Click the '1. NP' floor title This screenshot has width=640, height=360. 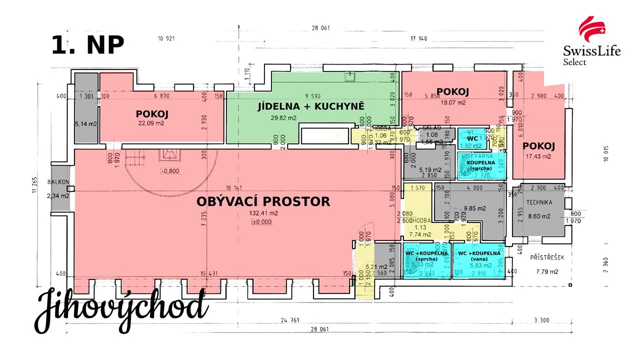[88, 45]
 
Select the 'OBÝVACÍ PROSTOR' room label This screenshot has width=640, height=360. [263, 201]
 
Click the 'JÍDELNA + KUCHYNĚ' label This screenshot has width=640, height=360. [310, 106]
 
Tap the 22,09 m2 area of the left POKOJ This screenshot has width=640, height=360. [151, 123]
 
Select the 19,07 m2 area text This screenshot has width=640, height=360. [452, 102]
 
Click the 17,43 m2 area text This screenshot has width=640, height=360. [538, 156]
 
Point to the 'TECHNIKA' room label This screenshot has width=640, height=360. [538, 202]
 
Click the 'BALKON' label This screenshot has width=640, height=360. [59, 182]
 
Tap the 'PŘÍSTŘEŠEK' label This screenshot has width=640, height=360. [547, 257]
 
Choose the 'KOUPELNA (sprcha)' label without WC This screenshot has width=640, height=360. [481, 165]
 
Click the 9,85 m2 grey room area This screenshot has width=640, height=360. [463, 208]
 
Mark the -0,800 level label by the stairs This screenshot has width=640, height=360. [170, 171]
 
